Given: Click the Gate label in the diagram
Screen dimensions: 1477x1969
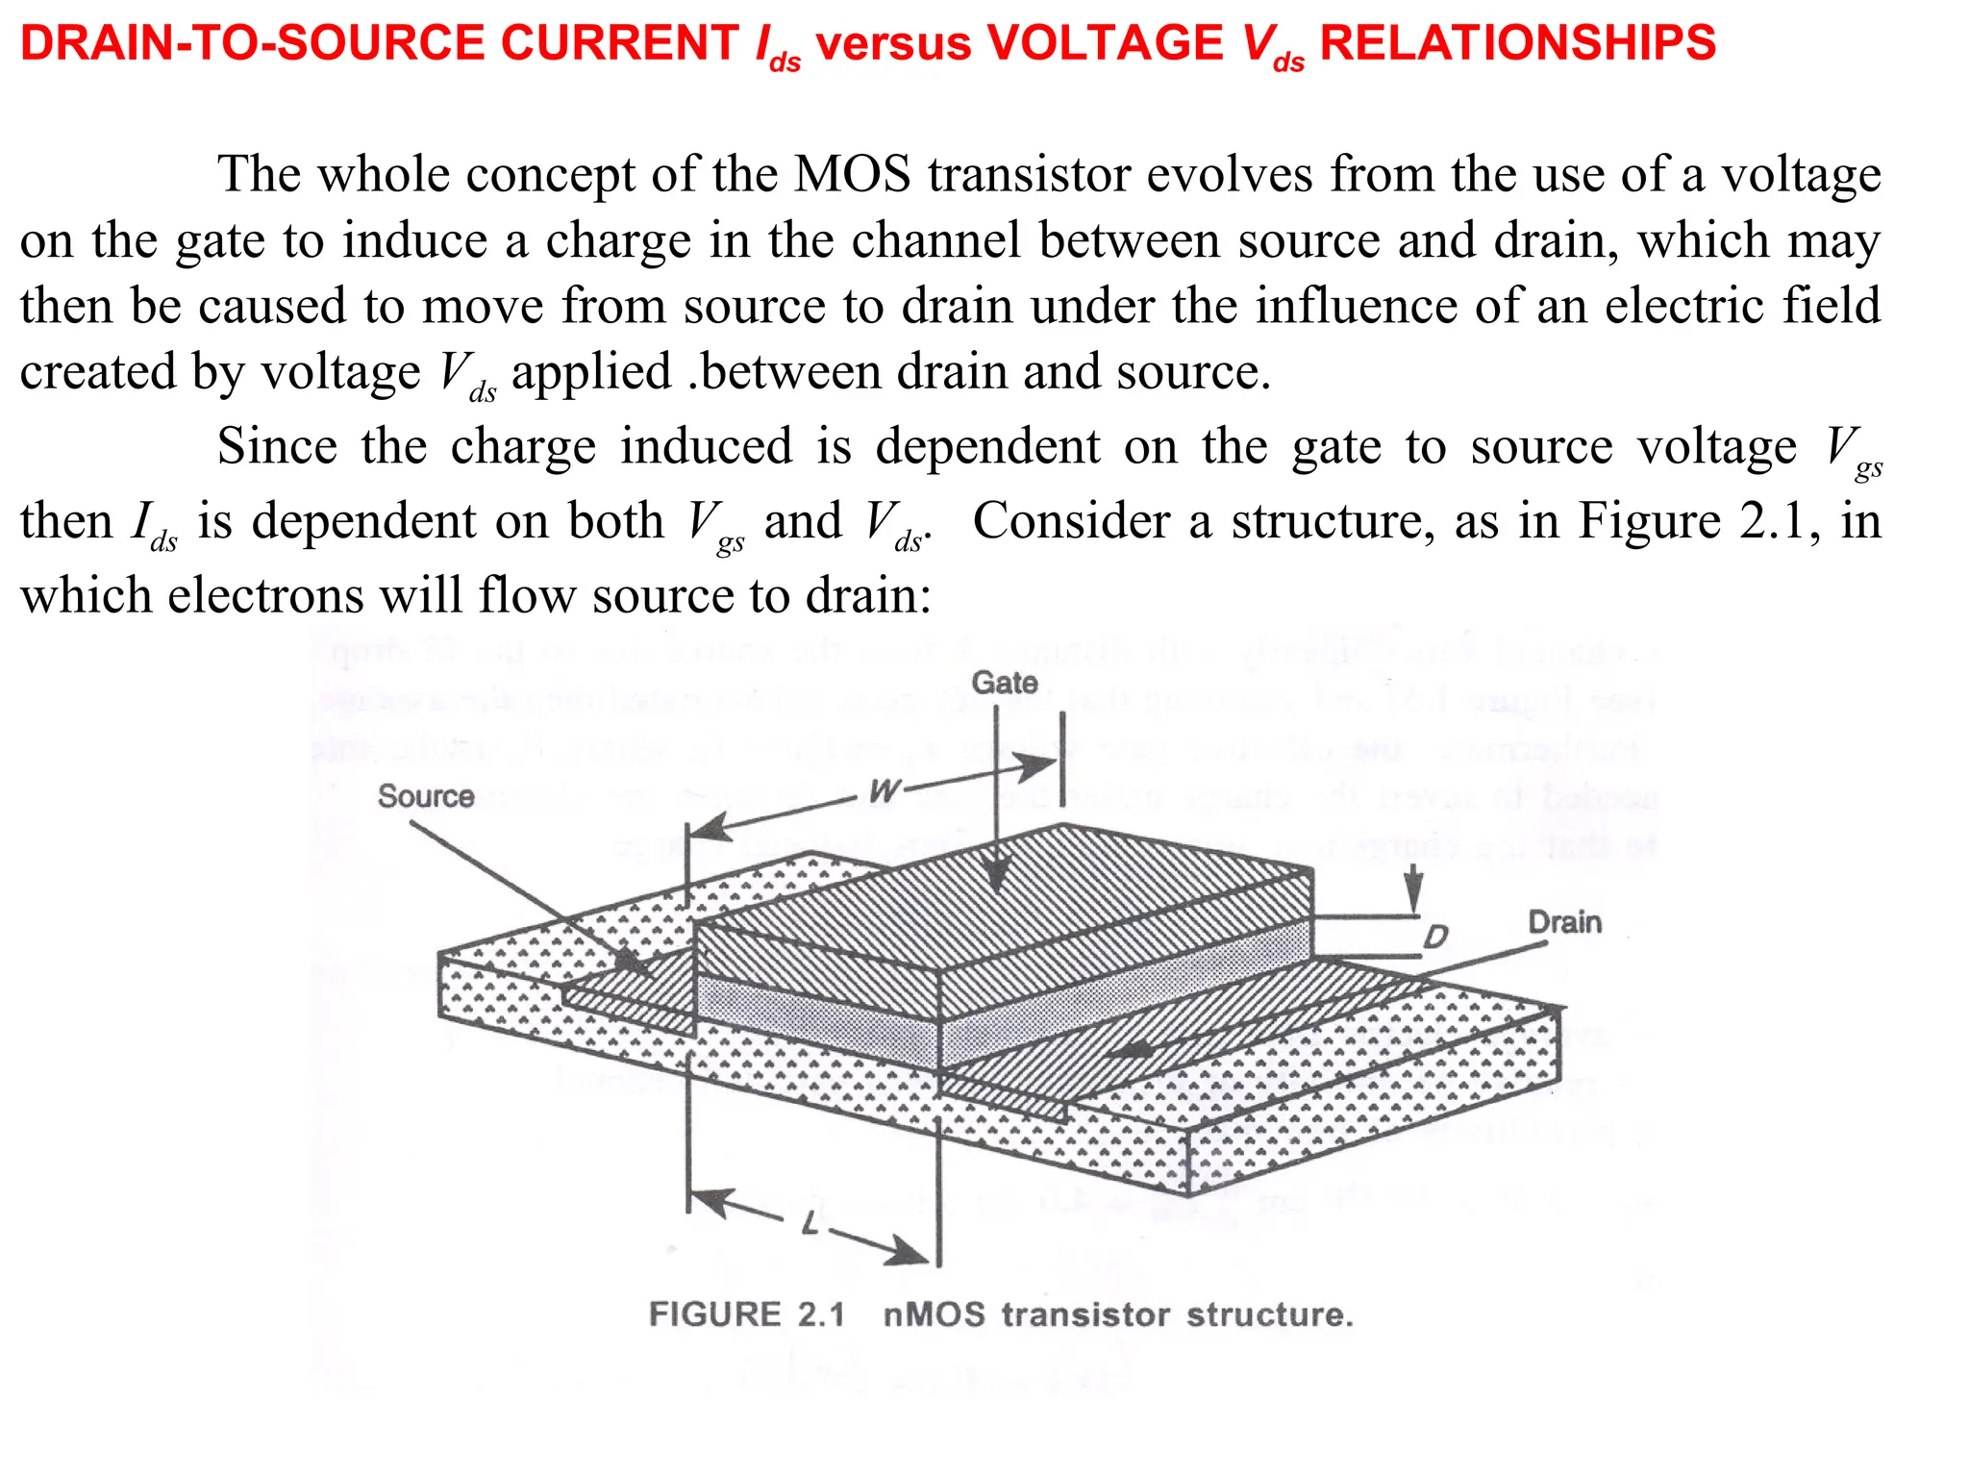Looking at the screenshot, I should [x=1005, y=683].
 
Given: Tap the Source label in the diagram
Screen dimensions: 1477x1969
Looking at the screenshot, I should [x=425, y=796].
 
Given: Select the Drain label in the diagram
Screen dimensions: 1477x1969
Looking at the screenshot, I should [x=1564, y=922].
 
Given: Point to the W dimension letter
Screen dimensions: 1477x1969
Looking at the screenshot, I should [x=884, y=790].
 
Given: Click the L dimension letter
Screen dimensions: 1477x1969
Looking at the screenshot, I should [x=811, y=1224].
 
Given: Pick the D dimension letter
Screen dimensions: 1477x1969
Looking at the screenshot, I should [x=1434, y=936].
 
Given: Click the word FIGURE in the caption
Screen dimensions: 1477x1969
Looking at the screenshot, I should [x=715, y=1314].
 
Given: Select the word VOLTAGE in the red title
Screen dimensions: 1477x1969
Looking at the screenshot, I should [x=1106, y=43].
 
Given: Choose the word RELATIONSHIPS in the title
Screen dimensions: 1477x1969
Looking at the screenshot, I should [x=1517, y=43].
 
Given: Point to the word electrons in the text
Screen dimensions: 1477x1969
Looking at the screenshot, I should [x=266, y=595].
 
